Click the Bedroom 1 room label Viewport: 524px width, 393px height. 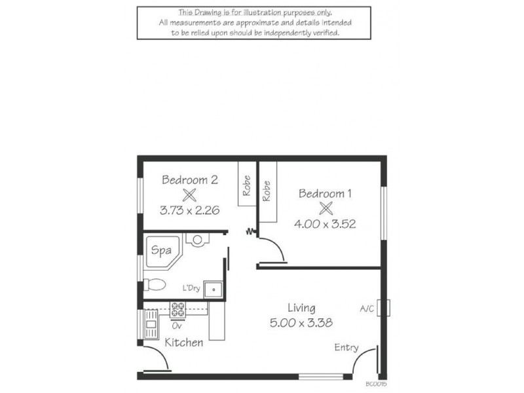[x=326, y=193]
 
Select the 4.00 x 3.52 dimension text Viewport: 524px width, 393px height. [x=326, y=224]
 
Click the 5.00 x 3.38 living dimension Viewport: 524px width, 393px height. [x=302, y=322]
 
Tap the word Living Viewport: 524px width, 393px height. [x=302, y=307]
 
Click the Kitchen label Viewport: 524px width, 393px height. [x=183, y=343]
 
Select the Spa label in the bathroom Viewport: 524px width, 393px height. [x=161, y=250]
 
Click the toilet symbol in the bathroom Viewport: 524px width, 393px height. [x=155, y=284]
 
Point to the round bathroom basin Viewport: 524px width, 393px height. [x=196, y=239]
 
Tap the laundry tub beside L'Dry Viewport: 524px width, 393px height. [x=214, y=288]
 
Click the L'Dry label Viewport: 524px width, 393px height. [x=192, y=288]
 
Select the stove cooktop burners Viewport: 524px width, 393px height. [x=178, y=309]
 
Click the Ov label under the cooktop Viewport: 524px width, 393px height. [x=176, y=324]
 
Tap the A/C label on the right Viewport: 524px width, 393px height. [x=367, y=309]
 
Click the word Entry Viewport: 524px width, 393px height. [x=346, y=347]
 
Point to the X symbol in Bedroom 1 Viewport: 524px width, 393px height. [x=326, y=209]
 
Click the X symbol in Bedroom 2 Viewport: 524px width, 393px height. [x=189, y=195]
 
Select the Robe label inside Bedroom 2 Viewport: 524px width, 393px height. [x=247, y=187]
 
